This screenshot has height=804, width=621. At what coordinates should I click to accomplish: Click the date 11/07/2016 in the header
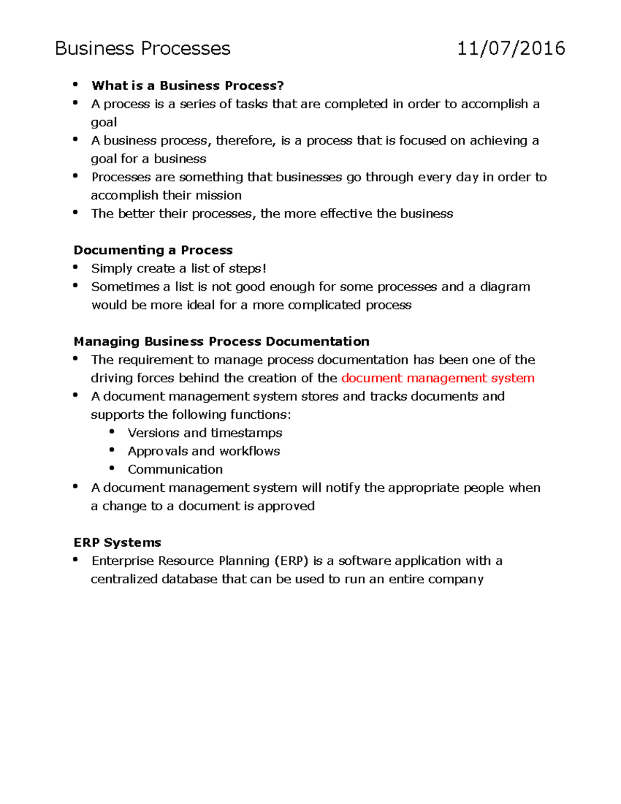point(511,49)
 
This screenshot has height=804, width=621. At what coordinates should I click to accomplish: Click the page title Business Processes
point(142,49)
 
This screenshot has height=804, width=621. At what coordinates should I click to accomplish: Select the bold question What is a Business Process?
point(187,85)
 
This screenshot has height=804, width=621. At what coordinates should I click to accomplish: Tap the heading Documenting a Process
point(153,250)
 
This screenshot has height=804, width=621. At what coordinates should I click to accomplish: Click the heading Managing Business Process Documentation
point(221,342)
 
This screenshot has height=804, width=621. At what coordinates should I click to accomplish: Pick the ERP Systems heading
point(117,543)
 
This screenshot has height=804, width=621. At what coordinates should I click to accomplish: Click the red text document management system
point(438,378)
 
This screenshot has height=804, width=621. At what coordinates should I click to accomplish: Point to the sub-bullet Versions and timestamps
point(204,433)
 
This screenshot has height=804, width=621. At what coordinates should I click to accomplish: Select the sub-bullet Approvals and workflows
point(203,451)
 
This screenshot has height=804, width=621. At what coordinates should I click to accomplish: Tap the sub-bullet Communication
point(175,470)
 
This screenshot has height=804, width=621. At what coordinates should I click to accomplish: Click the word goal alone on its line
point(103,123)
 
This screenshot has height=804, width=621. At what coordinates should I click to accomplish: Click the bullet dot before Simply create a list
point(76,267)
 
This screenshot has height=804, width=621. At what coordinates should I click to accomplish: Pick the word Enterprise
point(123,561)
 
